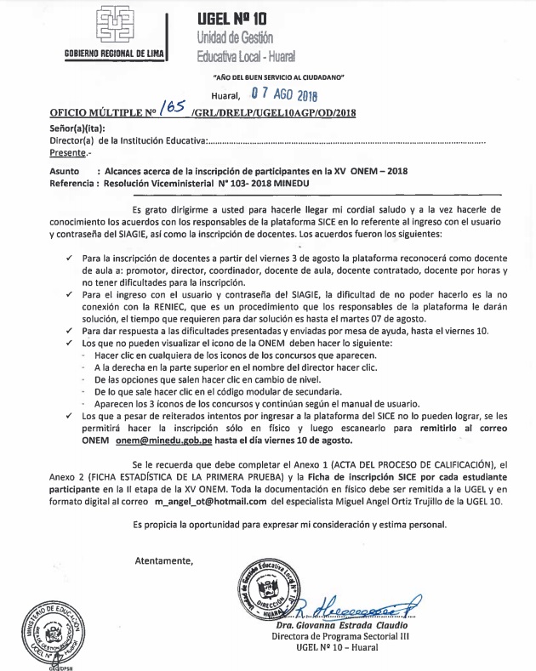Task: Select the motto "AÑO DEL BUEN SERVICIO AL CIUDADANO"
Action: tap(277, 77)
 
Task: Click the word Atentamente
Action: tap(164, 560)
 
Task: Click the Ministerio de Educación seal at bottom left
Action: tap(54, 632)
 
